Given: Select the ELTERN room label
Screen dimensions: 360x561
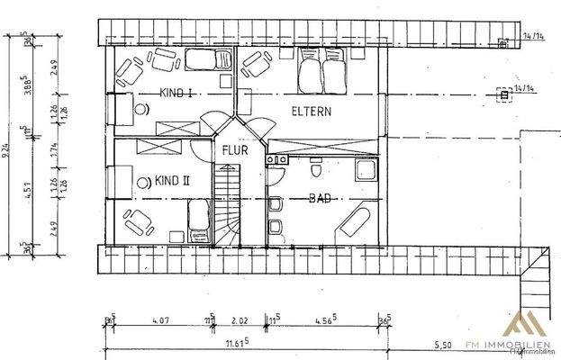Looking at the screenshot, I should click(312, 112).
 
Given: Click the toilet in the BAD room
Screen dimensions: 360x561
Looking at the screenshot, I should click(314, 169).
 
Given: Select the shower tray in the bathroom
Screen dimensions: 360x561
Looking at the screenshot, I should click(366, 170).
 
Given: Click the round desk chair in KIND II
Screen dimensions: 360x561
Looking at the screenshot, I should click(141, 181).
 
